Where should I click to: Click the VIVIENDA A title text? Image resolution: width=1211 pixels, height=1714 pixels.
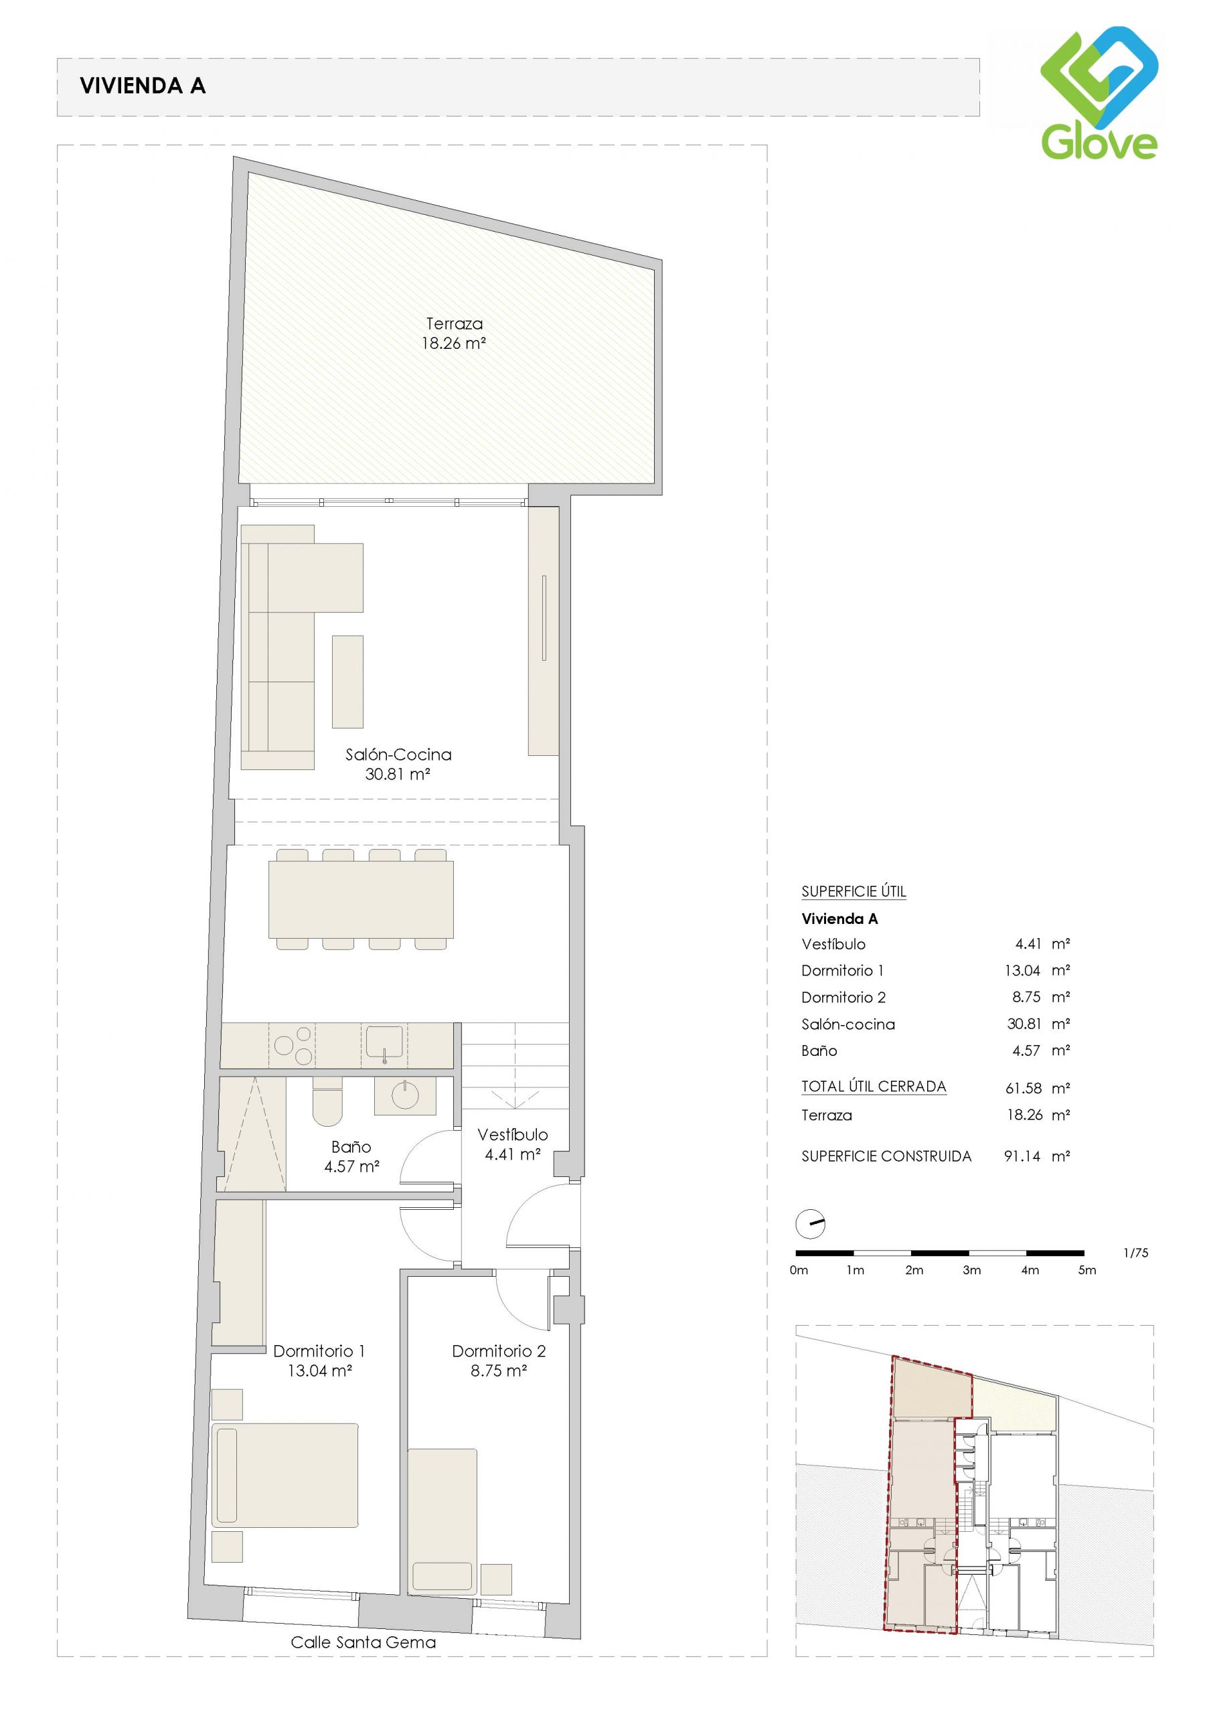(143, 86)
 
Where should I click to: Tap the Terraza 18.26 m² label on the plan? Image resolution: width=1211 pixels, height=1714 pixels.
(454, 333)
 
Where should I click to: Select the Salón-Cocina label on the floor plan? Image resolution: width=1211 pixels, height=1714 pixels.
(398, 754)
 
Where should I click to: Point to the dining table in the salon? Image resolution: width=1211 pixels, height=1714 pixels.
(361, 899)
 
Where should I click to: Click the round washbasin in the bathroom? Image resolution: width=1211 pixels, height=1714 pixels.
(404, 1096)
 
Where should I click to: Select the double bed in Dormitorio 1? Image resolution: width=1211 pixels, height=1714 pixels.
(285, 1476)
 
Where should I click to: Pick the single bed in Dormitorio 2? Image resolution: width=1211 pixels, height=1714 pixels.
(442, 1521)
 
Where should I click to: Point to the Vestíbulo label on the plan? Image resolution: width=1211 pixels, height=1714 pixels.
(513, 1135)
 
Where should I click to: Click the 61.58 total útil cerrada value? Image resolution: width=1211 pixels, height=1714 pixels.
(1023, 1089)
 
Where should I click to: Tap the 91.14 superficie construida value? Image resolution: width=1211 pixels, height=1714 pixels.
(1022, 1156)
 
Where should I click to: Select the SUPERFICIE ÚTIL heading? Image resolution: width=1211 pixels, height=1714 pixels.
(854, 891)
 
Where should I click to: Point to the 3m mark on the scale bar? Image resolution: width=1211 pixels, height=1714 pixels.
(971, 1270)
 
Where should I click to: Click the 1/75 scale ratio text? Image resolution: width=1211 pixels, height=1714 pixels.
(1135, 1253)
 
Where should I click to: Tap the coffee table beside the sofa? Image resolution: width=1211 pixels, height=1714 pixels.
(347, 682)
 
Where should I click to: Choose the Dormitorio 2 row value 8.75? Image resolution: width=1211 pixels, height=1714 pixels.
(1026, 998)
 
